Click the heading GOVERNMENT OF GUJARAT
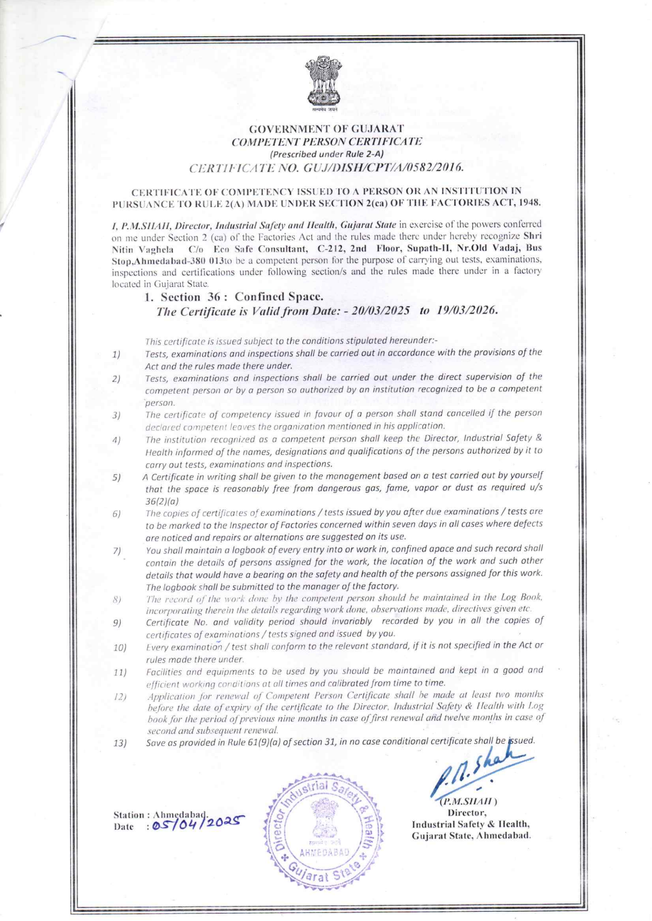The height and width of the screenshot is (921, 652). [x=323, y=131]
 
